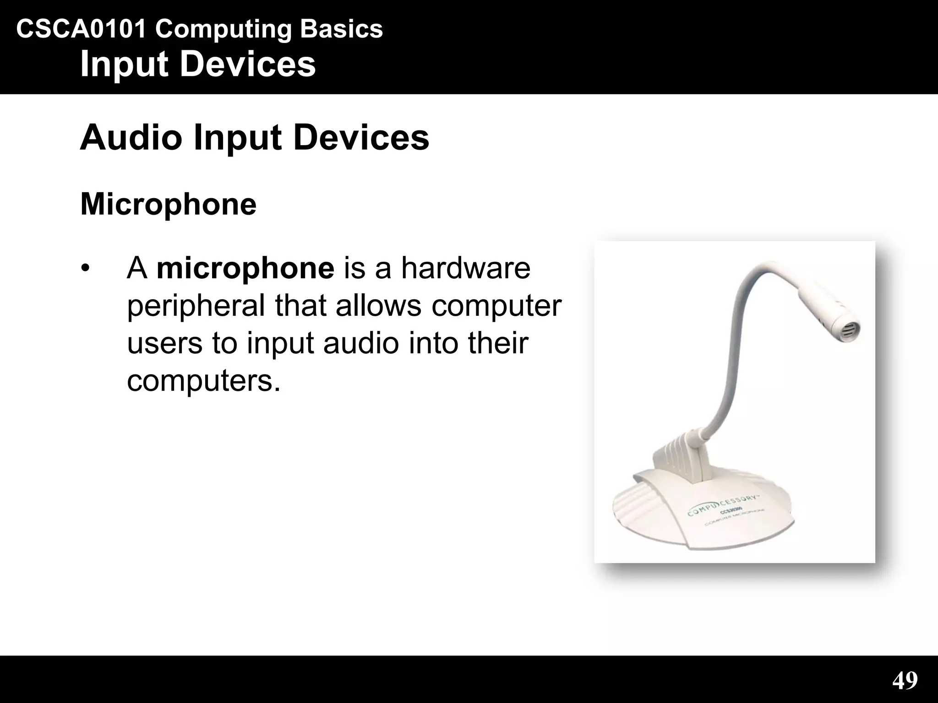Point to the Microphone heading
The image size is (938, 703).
point(168,204)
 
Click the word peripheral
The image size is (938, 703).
point(196,306)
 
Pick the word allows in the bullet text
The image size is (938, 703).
point(378,306)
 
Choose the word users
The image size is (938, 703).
point(164,343)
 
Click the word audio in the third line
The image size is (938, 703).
point(361,343)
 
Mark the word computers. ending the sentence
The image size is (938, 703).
point(203,381)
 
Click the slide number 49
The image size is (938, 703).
point(905,680)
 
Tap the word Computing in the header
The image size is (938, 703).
point(223,29)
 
